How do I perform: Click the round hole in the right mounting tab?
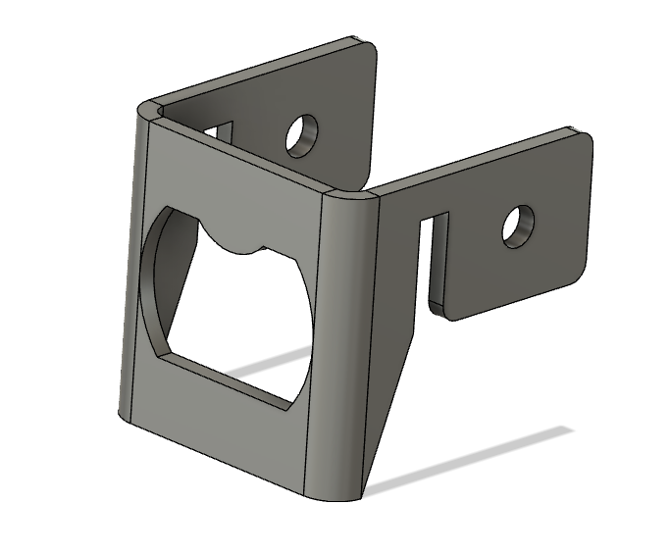[x=518, y=226]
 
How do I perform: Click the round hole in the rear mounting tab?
[x=302, y=135]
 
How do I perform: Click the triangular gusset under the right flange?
[x=392, y=392]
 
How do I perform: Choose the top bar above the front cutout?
[x=235, y=181]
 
